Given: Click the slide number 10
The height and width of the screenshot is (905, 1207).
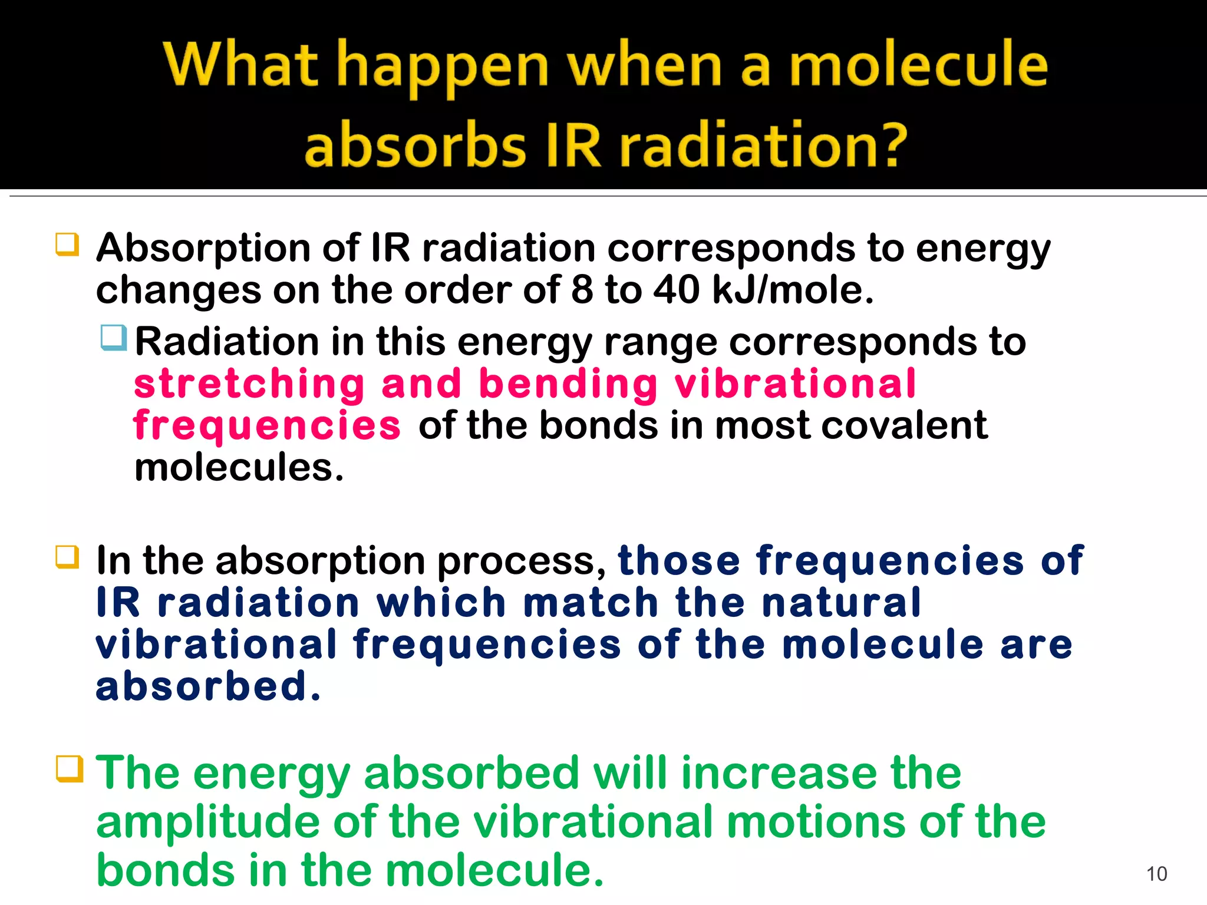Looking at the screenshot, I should (1156, 874).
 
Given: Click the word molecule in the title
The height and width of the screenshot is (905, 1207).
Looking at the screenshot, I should (918, 65).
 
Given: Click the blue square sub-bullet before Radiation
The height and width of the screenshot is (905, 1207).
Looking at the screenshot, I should (113, 338).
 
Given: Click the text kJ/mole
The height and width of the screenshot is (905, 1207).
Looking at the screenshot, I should (793, 290).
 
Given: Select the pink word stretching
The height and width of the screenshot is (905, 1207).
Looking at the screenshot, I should (249, 384).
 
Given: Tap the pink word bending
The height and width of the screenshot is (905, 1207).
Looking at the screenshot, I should (568, 384).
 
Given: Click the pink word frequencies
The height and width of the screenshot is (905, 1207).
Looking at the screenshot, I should (267, 425).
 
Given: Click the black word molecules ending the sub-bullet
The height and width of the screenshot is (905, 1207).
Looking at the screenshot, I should (239, 467).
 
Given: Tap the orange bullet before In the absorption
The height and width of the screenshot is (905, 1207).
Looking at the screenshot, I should (67, 557).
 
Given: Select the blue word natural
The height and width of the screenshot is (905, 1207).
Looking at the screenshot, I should (840, 603).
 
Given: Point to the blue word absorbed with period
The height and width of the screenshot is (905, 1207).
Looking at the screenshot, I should (209, 687).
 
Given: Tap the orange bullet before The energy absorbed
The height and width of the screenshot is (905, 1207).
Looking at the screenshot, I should (69, 769).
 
